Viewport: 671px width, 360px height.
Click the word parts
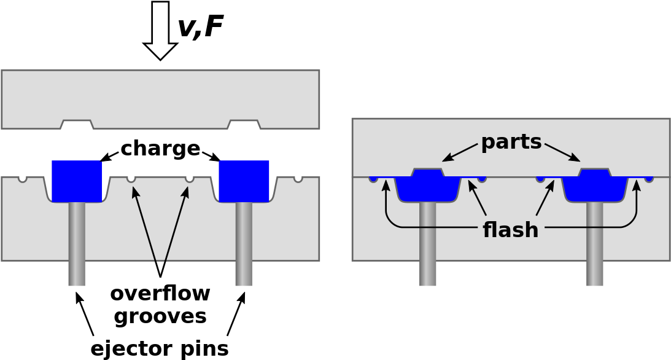pyautogui.click(x=511, y=143)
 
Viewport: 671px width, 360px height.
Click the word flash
pyautogui.click(x=510, y=230)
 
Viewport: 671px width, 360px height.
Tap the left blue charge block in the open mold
pyautogui.click(x=77, y=181)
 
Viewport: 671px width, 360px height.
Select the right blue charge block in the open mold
pyautogui.click(x=244, y=181)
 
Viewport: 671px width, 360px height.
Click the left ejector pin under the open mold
pyautogui.click(x=77, y=246)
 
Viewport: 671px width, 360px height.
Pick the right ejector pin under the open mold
pyautogui.click(x=244, y=246)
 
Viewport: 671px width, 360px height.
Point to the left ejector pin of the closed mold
pyautogui.click(x=428, y=246)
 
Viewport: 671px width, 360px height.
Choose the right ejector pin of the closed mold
pyautogui.click(x=595, y=246)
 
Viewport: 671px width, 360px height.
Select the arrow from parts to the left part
pyautogui.click(x=459, y=152)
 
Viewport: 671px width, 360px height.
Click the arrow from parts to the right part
pyautogui.click(x=562, y=152)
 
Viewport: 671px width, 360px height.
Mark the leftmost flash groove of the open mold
pyautogui.click(x=23, y=178)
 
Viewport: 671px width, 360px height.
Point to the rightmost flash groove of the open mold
pyautogui.click(x=298, y=178)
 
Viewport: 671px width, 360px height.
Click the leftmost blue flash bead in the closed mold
pyautogui.click(x=373, y=179)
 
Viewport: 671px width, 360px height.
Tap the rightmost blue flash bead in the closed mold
pyautogui.click(x=649, y=179)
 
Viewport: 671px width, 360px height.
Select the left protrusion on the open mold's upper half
pyautogui.click(x=77, y=125)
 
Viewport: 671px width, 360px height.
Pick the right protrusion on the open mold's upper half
pyautogui.click(x=244, y=125)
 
